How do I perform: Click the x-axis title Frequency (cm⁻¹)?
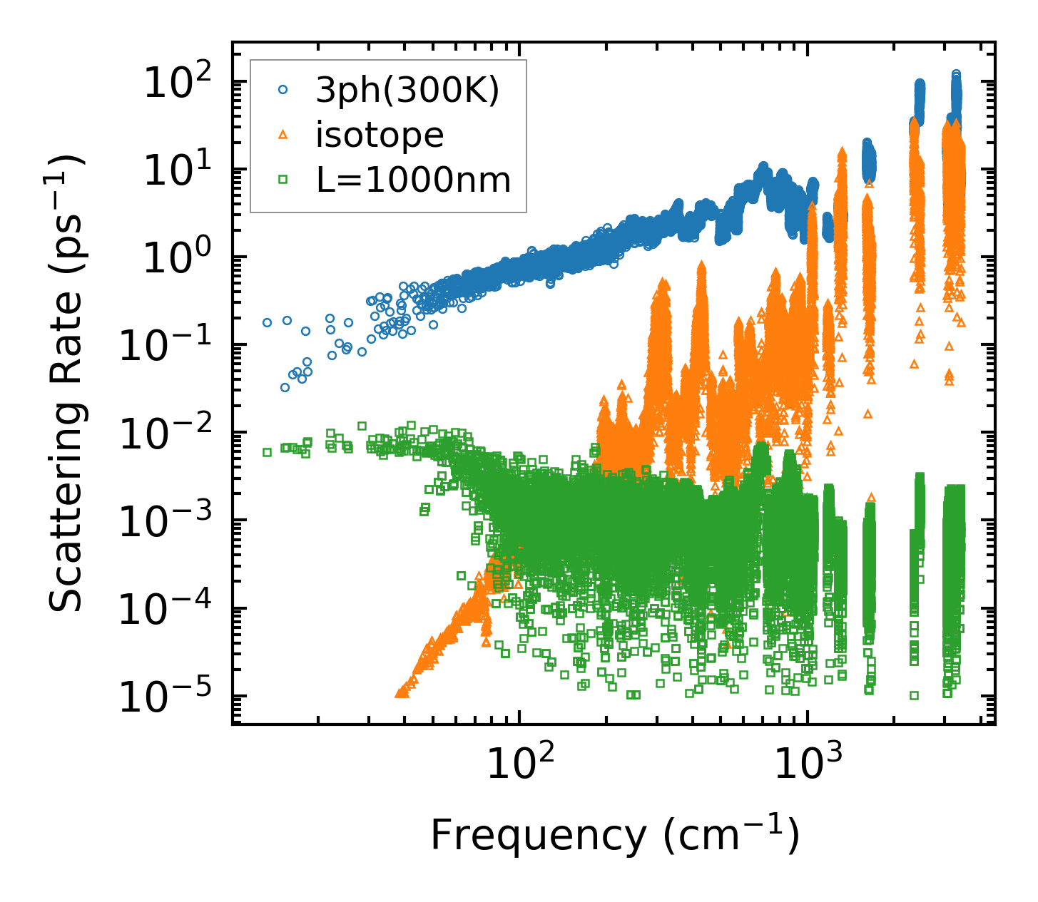[x=614, y=835]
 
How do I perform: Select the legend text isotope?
[x=380, y=135]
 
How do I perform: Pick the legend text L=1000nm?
[x=414, y=180]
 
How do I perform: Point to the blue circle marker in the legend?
[x=283, y=90]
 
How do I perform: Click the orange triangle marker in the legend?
[x=283, y=134]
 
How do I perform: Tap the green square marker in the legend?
[x=283, y=180]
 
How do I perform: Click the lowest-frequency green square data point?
[x=267, y=452]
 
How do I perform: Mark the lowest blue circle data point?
[x=285, y=387]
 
